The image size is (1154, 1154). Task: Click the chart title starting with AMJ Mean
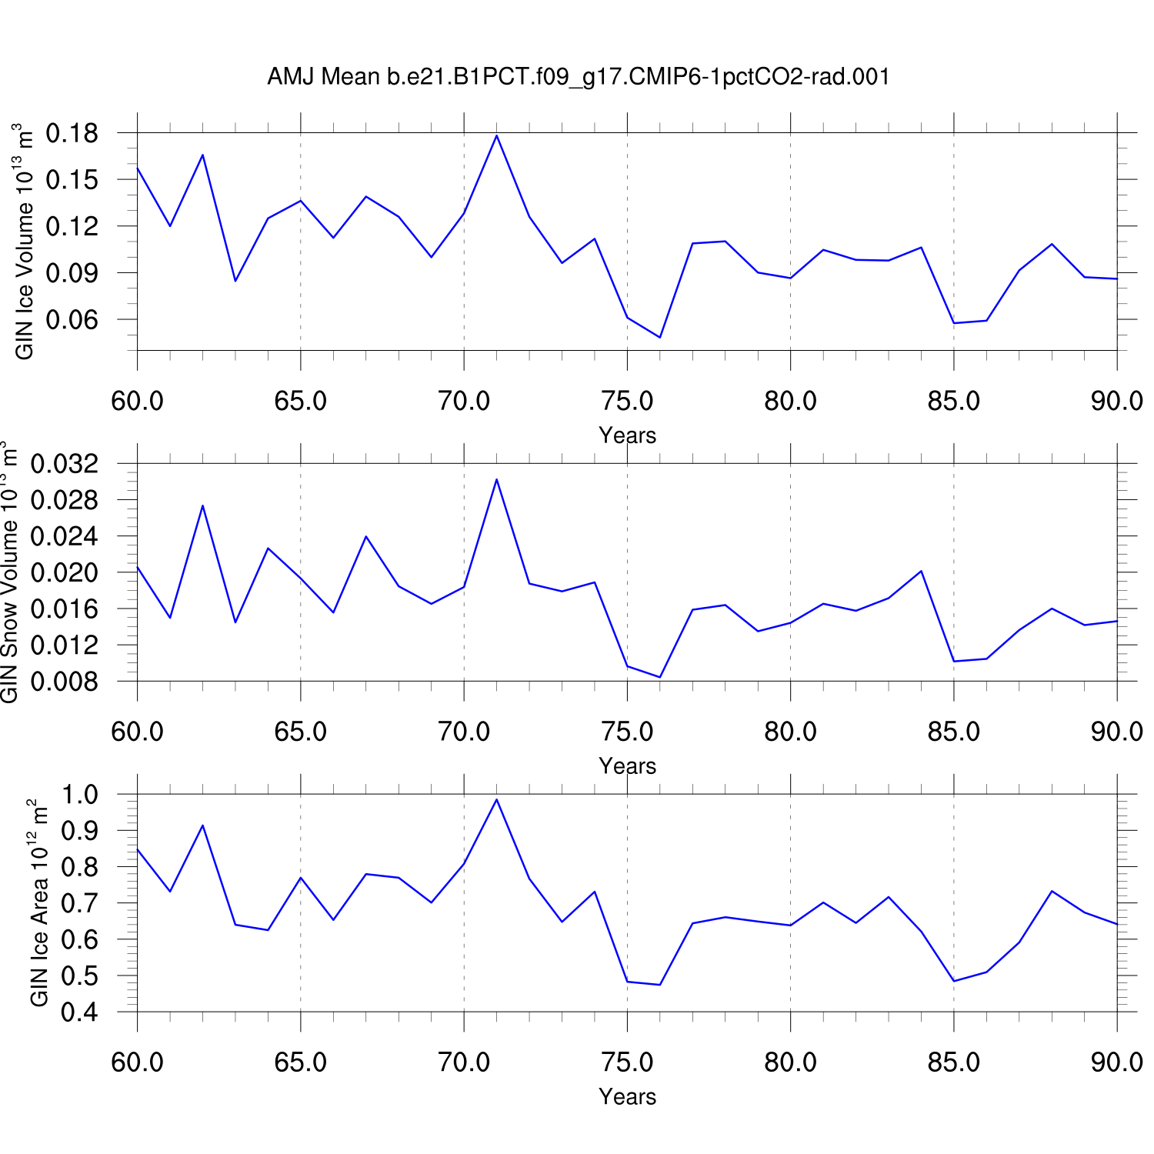578,77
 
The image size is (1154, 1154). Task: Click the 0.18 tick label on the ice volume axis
72,133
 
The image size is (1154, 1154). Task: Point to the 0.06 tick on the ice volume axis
72,319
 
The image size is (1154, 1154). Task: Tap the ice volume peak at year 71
496,135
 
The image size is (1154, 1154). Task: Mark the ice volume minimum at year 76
660,337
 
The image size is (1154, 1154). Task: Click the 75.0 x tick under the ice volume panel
627,401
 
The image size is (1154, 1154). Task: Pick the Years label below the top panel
627,435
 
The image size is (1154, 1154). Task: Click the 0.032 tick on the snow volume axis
65,464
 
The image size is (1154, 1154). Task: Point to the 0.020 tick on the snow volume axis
65,572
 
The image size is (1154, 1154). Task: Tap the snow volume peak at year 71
496,479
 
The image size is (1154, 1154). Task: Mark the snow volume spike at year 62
202,505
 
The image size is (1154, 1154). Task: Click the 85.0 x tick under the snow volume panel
954,732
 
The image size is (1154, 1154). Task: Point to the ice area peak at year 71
496,799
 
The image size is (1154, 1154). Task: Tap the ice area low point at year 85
954,981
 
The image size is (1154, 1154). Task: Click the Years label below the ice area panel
627,1097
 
